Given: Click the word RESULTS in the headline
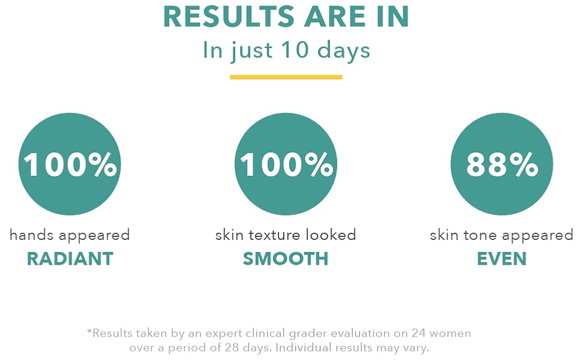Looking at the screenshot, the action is click(229, 17).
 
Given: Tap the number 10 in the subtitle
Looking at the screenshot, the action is click(295, 50).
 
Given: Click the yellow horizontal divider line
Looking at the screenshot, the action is click(286, 77).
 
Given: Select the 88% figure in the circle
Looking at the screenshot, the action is click(502, 164).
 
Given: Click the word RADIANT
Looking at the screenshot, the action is click(70, 259).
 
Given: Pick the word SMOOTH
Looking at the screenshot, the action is click(286, 259).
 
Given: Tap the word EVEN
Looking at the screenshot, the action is click(502, 259).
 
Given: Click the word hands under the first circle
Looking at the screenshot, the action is click(32, 235).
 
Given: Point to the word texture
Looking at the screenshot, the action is click(274, 235).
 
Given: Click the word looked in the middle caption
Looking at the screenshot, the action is click(331, 235).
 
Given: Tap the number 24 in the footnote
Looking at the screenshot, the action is click(419, 333).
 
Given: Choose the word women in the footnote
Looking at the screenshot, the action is click(451, 333).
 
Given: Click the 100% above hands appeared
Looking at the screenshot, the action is click(70, 164).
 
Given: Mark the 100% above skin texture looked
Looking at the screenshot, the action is click(286, 164).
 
